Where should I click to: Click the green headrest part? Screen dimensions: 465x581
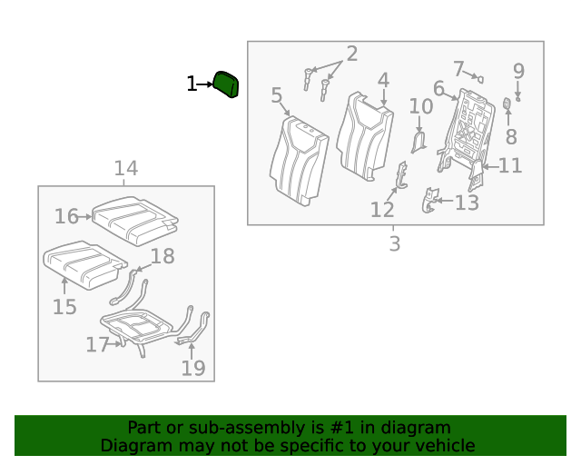[x=226, y=84]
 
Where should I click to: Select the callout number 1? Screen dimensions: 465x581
[x=191, y=84]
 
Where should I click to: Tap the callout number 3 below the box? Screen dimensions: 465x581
[x=394, y=243]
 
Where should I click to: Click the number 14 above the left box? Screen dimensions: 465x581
[x=125, y=168]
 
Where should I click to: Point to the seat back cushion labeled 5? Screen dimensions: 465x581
[x=299, y=159]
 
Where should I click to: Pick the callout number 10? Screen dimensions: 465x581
[x=420, y=106]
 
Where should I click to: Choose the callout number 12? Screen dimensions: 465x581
[x=381, y=210]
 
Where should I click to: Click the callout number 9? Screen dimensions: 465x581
[x=518, y=70]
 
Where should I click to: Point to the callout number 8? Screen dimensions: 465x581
[x=511, y=136]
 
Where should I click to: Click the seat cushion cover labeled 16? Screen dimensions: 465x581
[x=136, y=219]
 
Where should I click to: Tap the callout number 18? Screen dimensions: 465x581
[x=162, y=256]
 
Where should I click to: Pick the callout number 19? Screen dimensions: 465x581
[x=192, y=368]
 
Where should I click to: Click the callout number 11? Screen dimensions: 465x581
[x=511, y=165]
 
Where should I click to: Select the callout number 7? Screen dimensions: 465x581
[x=459, y=69]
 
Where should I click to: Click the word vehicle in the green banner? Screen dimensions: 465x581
[x=444, y=445]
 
